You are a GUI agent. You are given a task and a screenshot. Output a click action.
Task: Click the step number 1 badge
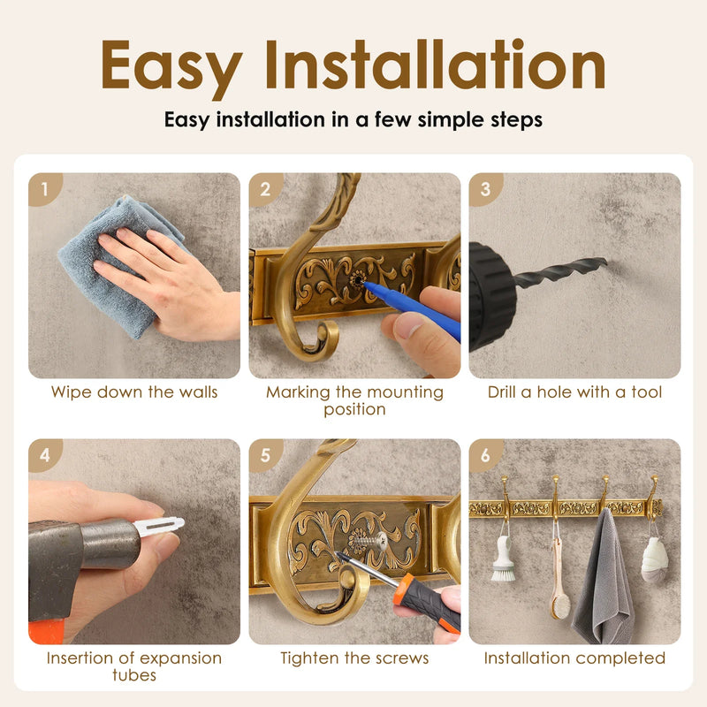coord(44,188)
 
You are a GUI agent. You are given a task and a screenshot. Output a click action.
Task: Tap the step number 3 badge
coord(485,188)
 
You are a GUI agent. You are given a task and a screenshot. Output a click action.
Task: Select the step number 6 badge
coord(485,455)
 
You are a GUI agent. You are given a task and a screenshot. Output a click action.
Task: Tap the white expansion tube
coord(159,526)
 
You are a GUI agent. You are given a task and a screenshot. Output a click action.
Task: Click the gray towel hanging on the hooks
coord(603,580)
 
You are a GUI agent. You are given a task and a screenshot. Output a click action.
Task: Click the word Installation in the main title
coord(435,65)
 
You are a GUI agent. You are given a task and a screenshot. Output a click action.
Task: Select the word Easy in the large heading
coord(171,68)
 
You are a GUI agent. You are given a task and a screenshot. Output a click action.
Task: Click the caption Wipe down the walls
coord(134,392)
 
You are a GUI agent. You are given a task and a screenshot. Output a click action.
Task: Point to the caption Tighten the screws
coord(354,658)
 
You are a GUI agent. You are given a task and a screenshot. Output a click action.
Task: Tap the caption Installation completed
coord(574,658)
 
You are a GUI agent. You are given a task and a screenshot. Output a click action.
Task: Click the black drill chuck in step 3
coord(491,296)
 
